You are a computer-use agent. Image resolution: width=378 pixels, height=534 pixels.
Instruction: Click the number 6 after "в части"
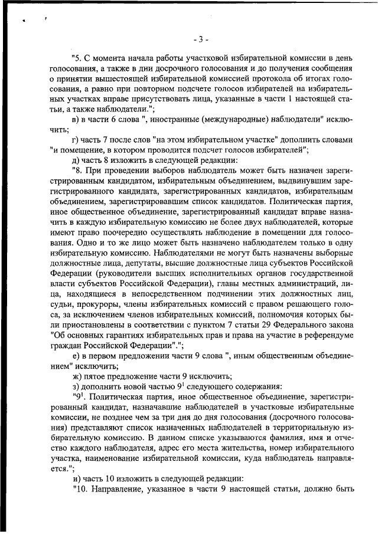click(114, 120)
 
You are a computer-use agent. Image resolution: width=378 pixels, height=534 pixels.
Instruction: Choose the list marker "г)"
click(75, 140)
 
